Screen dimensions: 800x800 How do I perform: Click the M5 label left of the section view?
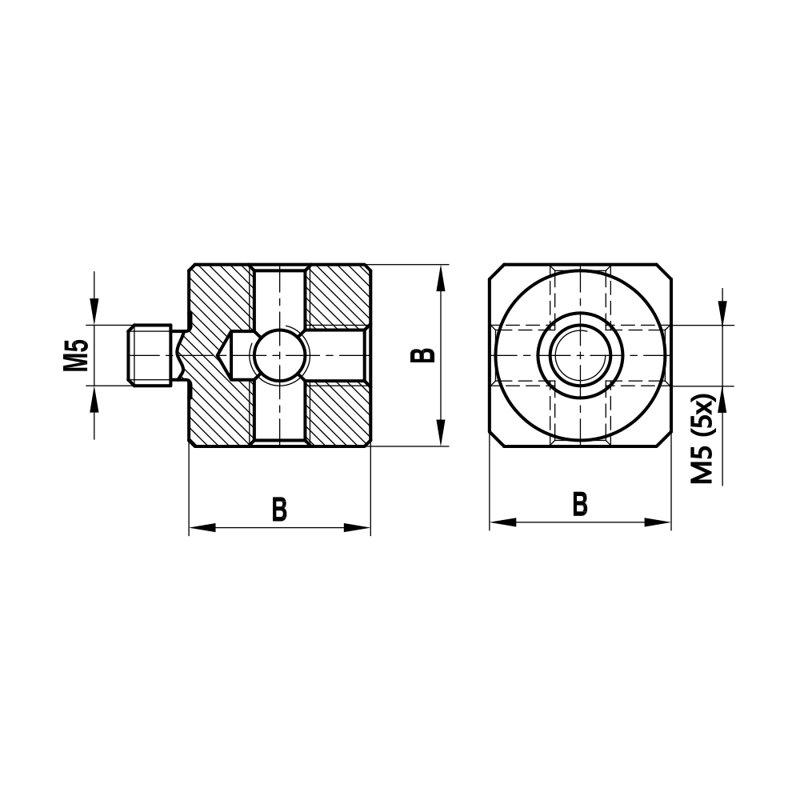click(x=76, y=355)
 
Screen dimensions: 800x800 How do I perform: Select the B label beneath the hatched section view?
click(x=279, y=509)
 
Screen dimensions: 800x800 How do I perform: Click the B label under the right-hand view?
click(x=580, y=504)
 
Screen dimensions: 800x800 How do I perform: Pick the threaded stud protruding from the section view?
click(x=150, y=355)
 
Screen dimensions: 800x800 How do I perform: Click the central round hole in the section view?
click(x=279, y=355)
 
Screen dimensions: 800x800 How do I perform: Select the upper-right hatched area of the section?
click(x=338, y=296)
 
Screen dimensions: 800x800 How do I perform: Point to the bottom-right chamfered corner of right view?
click(x=664, y=439)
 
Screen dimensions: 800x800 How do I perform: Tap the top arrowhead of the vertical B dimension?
click(x=439, y=277)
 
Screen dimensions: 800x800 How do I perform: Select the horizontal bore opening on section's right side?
click(x=364, y=355)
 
